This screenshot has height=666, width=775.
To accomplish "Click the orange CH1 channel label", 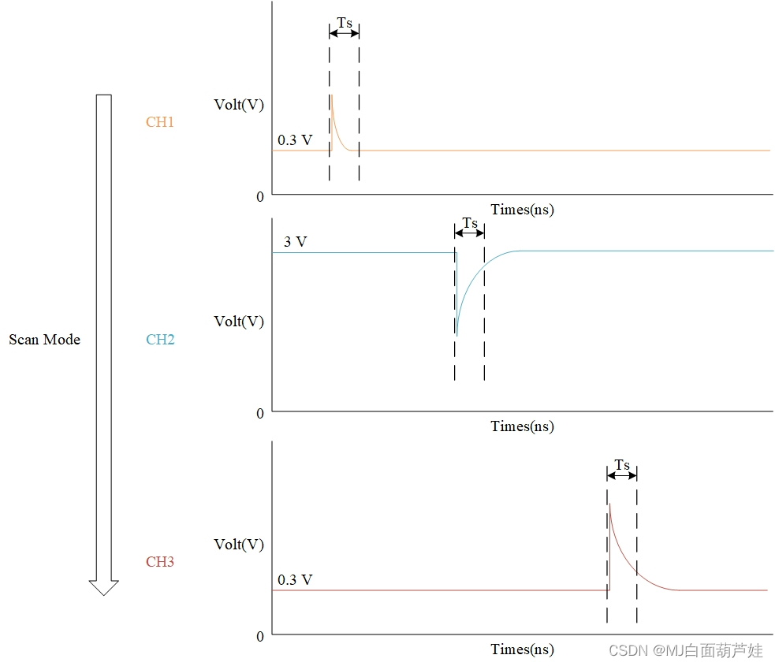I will click(x=159, y=122).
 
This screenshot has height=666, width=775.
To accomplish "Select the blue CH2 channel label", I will click(x=160, y=340).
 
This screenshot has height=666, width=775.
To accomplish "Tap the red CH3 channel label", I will click(x=159, y=562).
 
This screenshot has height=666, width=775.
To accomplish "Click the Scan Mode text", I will click(x=44, y=340).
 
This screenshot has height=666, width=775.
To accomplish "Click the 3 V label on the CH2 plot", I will click(x=295, y=242).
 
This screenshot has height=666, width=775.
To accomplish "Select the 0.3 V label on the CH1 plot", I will click(x=295, y=140).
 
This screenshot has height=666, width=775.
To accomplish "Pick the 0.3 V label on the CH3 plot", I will click(x=295, y=580).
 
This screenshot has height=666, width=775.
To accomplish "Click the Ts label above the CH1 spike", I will click(x=345, y=23).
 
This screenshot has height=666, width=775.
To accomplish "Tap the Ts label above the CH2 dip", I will click(x=470, y=223).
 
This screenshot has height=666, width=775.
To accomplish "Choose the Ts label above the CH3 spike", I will click(x=622, y=465).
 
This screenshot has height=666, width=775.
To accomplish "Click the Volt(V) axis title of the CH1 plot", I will click(x=239, y=104).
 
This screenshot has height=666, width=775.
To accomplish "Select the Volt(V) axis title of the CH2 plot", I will click(x=239, y=322).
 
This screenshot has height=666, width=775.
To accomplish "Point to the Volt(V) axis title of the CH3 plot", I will click(x=239, y=545).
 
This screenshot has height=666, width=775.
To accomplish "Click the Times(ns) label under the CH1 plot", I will click(x=522, y=210).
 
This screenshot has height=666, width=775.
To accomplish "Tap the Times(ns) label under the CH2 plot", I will click(x=522, y=426).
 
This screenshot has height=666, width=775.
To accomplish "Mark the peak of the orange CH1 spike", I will click(x=332, y=95).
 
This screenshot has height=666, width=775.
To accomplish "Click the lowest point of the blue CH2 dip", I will click(x=456, y=336).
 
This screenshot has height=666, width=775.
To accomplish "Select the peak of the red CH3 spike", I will click(x=610, y=503).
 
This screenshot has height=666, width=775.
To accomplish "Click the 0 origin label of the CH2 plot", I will click(x=260, y=413).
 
